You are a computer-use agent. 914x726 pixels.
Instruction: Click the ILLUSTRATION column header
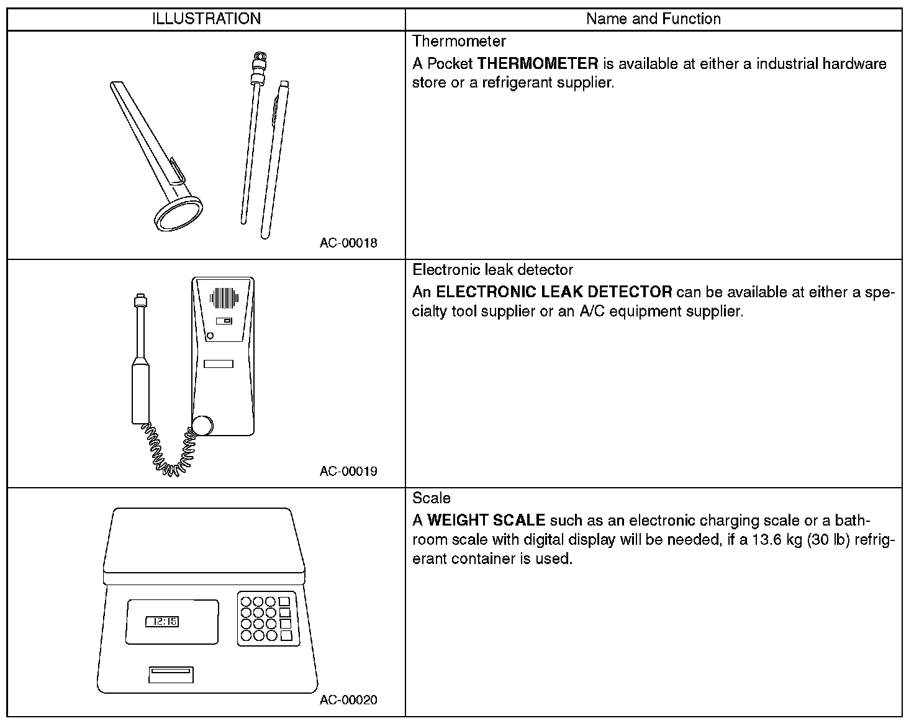206,19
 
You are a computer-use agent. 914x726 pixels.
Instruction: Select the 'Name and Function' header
653,19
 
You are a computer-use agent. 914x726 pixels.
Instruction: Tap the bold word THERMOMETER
537,63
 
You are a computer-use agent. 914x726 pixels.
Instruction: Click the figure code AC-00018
348,243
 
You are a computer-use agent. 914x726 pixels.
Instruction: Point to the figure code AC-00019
348,471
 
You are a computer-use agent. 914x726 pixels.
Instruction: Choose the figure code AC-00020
348,700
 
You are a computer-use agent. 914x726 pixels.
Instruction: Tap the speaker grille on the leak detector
224,298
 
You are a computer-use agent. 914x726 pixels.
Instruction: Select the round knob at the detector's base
202,426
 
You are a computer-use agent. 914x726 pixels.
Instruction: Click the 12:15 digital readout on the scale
162,621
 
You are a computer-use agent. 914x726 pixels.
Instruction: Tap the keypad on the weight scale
266,619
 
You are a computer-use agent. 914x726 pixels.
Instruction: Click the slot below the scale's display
171,674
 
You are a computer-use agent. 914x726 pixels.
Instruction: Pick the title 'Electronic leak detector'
492,270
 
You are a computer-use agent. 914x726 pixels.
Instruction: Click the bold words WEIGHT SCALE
486,521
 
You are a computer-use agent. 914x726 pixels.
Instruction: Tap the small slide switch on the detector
224,321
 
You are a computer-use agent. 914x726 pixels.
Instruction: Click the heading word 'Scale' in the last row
432,498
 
